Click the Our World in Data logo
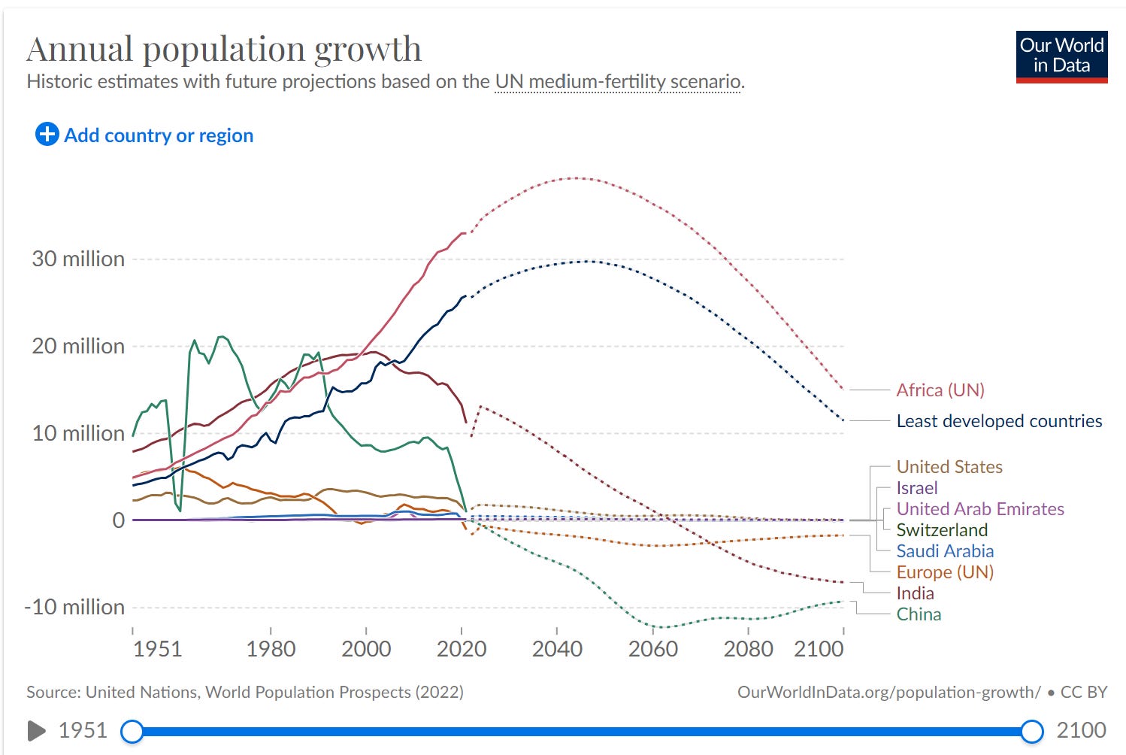1061,56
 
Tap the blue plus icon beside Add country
47,135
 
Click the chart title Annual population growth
224,50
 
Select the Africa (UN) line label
940,390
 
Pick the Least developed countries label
998,421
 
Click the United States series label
949,467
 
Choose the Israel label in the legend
916,488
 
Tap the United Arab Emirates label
979,509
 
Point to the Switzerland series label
942,530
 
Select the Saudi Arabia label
944,551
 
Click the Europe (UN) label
944,572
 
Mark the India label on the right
915,593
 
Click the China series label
919,614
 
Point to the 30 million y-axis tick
78,259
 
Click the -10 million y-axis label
74,607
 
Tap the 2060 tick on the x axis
652,648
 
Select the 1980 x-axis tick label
271,648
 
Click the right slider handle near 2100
1032,730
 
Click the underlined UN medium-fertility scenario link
618,81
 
